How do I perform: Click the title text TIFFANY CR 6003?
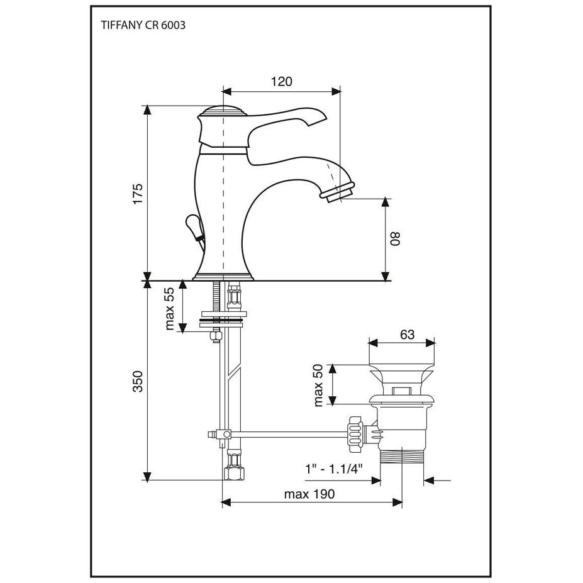(143, 26)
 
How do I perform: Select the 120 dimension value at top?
(281, 81)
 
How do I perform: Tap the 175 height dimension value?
(138, 193)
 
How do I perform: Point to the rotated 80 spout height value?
(395, 238)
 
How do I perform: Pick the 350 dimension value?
(138, 381)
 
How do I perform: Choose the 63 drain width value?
(408, 335)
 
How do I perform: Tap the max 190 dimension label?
(309, 494)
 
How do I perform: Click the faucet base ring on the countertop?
(223, 277)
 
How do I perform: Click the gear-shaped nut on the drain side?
(353, 434)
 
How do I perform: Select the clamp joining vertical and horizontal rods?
(221, 434)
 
